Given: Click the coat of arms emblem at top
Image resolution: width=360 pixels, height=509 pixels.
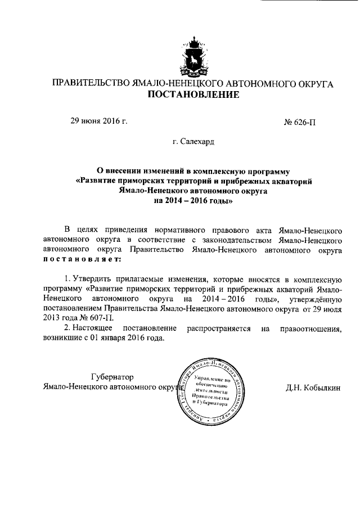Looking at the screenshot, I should (193, 57).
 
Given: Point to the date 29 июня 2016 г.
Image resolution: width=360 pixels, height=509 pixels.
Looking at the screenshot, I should (98, 120).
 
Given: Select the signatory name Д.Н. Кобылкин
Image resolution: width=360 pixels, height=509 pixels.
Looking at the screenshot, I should (314, 388).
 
